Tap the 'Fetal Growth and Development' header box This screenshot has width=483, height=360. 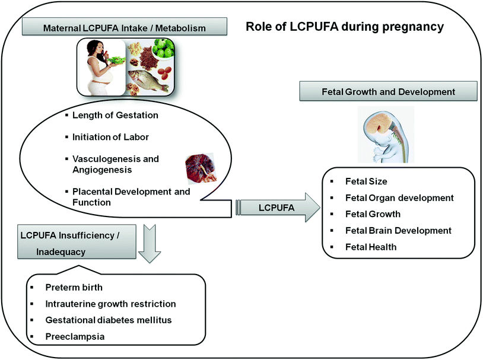(389, 92)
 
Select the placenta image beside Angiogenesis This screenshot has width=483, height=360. (197, 167)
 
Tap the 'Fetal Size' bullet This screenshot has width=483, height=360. (367, 181)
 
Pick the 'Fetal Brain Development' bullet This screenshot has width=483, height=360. (398, 230)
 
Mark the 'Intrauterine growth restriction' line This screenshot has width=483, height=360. (110, 304)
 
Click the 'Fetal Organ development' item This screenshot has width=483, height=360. (399, 197)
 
